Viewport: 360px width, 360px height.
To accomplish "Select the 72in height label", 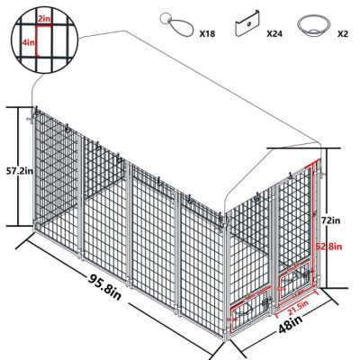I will coord(332,220).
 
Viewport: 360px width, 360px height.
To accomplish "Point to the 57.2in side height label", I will coord(19,169).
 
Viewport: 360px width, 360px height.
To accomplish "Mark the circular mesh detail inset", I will coord(36,33).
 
